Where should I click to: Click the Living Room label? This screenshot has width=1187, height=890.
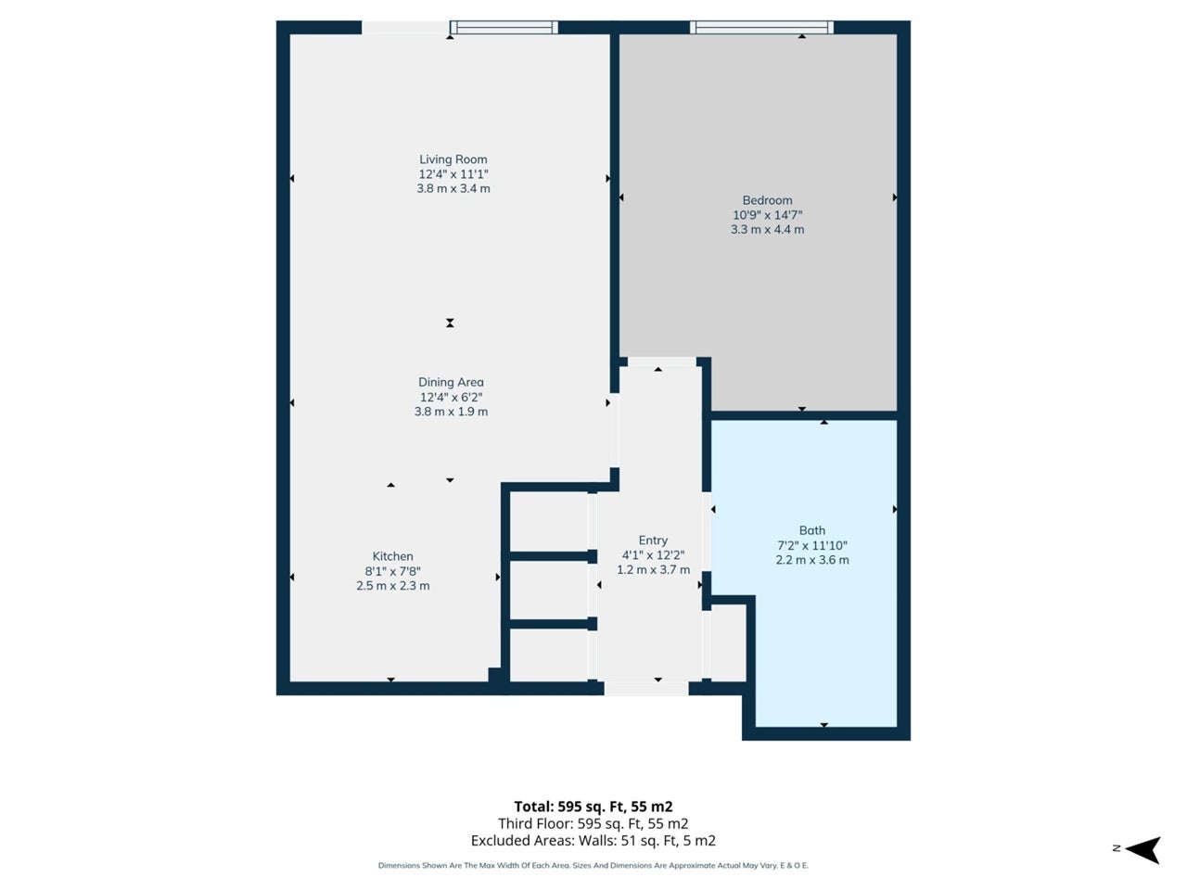453,159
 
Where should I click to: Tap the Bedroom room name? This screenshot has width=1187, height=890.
767,200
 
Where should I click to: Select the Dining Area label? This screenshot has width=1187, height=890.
451,383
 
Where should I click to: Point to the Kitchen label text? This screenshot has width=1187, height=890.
392,556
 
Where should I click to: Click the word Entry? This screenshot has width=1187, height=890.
653,540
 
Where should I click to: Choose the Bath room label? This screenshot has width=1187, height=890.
812,530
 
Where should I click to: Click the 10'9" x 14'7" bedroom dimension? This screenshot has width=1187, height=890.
767,215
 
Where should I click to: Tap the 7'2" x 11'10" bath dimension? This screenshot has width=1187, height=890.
812,546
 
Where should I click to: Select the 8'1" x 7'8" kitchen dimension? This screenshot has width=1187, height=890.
392,571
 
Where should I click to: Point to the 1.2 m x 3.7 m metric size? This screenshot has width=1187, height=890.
653,569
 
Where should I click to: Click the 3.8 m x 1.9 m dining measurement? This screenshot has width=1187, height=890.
451,412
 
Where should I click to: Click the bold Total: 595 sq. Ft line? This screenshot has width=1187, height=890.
593,807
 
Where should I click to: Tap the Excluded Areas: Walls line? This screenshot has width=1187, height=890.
593,841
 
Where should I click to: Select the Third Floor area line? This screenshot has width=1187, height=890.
593,823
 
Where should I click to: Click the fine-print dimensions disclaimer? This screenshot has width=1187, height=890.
593,866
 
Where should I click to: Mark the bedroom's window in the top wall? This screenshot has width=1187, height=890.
761,27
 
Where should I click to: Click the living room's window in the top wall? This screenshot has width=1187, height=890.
504,27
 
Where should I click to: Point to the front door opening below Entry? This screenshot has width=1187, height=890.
646,689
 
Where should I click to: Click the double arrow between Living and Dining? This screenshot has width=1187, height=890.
450,324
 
